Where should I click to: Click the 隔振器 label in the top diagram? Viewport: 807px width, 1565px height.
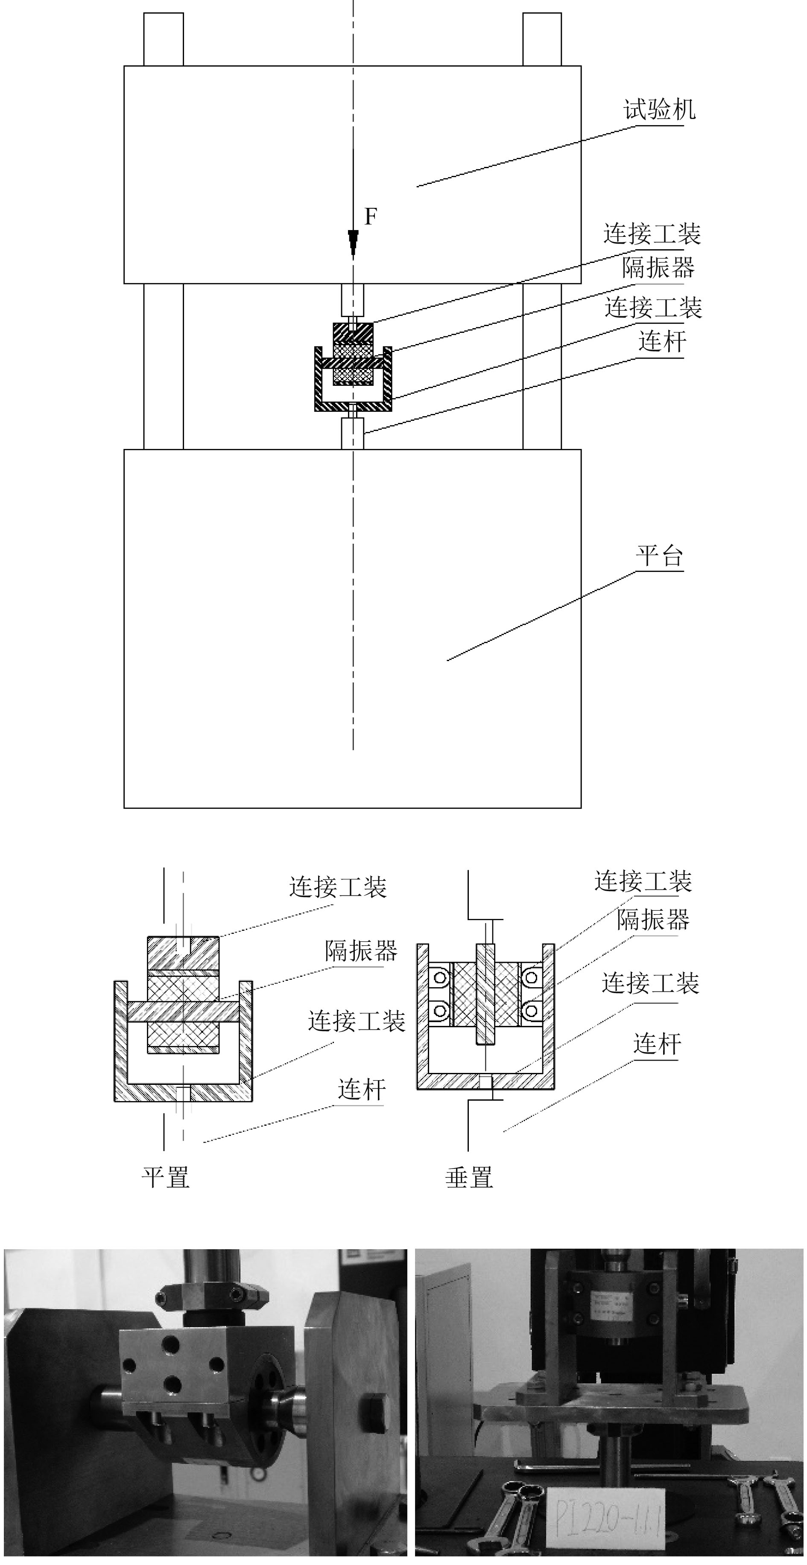click(658, 267)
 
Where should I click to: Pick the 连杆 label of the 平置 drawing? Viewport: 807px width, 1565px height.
click(362, 1089)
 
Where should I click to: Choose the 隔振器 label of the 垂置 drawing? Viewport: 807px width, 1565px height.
click(653, 920)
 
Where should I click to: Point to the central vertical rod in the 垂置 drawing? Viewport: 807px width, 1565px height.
click(485, 993)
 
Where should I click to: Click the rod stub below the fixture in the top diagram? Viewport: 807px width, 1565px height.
click(352, 433)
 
